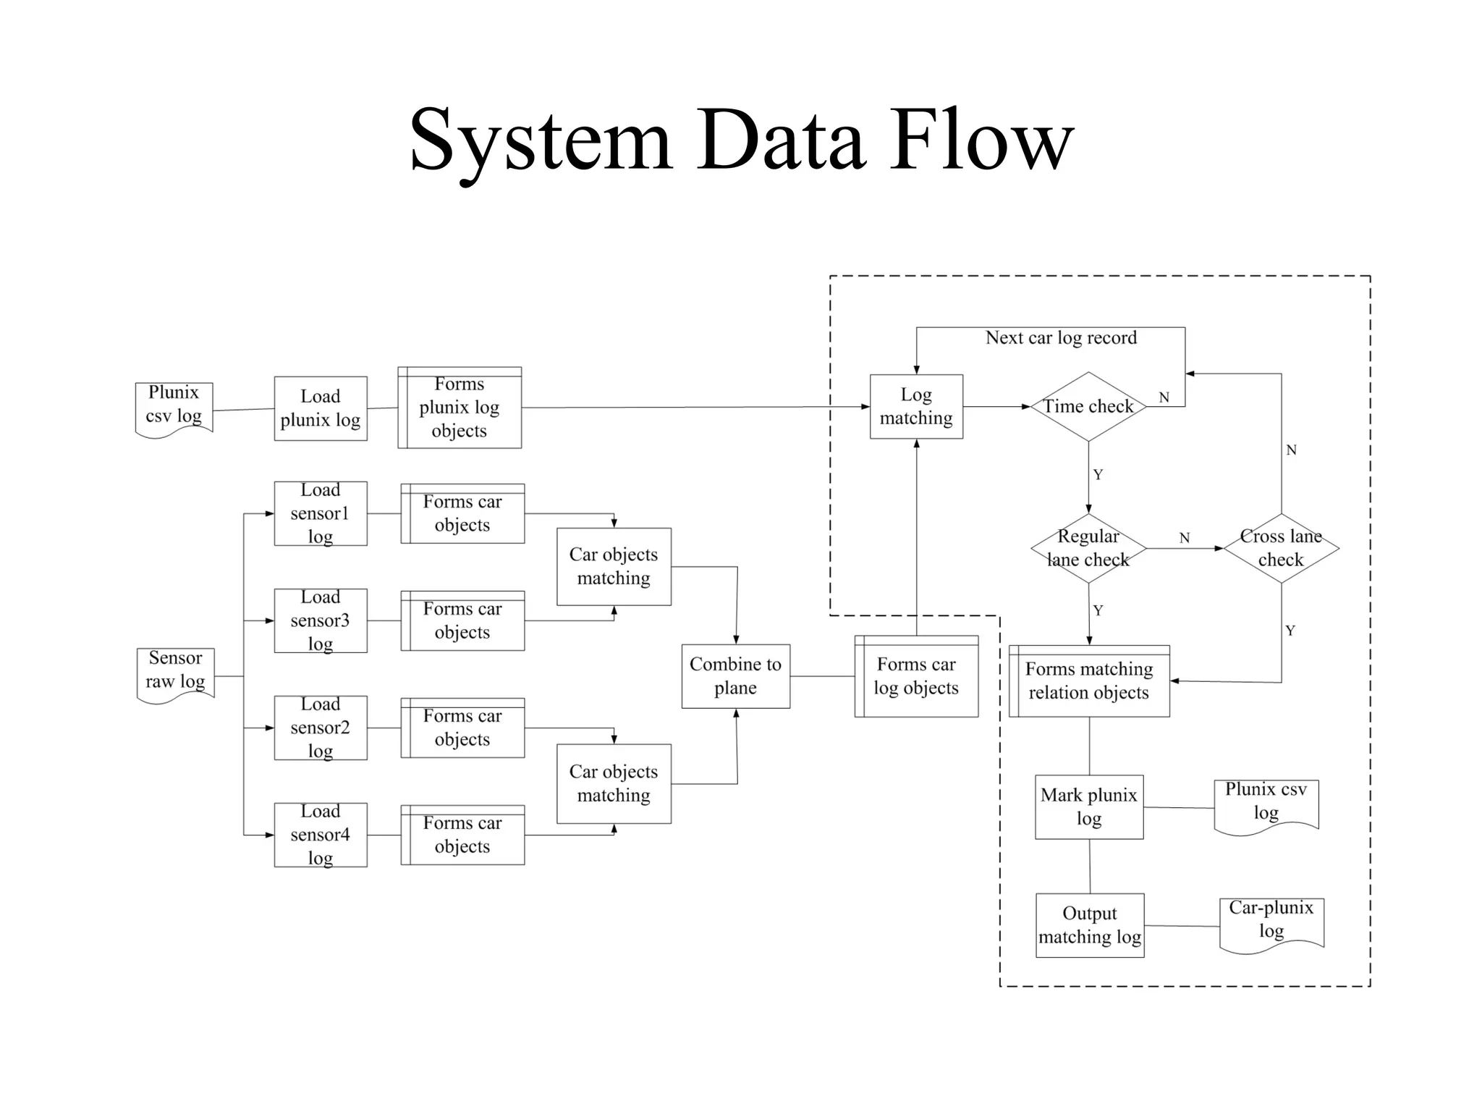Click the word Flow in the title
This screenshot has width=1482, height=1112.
point(982,139)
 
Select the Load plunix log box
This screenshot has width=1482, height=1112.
point(320,408)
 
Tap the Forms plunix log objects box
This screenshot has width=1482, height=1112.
point(460,408)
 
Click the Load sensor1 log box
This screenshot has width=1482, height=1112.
point(320,513)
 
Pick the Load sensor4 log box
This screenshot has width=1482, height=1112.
point(320,835)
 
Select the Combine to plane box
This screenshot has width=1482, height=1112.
point(735,676)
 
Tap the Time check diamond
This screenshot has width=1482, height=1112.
point(1088,407)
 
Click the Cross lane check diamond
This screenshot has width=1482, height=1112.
point(1281,548)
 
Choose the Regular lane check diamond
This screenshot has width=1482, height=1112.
point(1088,548)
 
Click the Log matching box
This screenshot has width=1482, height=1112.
point(916,406)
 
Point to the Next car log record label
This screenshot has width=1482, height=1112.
point(1061,338)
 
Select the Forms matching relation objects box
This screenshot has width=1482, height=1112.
point(1088,681)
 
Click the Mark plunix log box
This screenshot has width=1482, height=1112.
point(1088,806)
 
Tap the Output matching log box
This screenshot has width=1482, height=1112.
point(1089,925)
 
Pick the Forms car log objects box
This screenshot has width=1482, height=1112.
point(916,676)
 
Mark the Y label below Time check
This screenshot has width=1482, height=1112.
point(1098,475)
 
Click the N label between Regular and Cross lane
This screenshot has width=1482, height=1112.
point(1184,538)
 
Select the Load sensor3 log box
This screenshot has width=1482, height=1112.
point(320,620)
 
